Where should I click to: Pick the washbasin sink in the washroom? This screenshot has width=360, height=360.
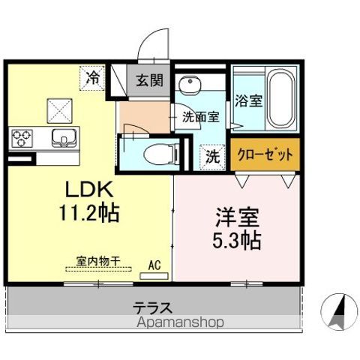190,84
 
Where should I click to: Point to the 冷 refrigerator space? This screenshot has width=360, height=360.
94,76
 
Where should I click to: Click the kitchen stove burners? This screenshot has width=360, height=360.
21,138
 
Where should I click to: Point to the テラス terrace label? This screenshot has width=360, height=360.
154,307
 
